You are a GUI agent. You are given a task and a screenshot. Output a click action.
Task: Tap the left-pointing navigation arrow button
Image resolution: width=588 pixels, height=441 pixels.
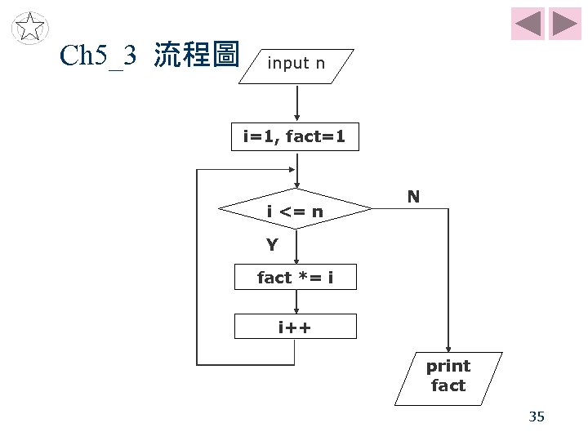[x=528, y=24]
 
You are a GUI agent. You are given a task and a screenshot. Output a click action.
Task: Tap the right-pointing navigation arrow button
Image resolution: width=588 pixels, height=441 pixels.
[x=564, y=24]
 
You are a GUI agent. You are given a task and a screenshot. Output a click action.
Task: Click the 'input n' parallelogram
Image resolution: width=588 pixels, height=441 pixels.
[x=299, y=63]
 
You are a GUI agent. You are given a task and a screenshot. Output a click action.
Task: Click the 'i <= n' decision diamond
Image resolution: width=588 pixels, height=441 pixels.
[x=296, y=212]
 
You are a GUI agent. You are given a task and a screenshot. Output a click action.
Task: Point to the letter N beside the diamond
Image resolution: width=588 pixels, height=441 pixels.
[x=413, y=197]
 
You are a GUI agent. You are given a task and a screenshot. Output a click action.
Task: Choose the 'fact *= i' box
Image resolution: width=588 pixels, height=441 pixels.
[x=295, y=278]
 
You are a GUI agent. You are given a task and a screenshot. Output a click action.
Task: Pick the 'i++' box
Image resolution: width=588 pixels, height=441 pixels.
[x=295, y=327]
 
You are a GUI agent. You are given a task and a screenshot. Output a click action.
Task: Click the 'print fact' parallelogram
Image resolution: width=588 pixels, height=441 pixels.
[x=448, y=376]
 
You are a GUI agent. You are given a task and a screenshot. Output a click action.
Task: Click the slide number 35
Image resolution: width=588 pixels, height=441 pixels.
[x=537, y=417]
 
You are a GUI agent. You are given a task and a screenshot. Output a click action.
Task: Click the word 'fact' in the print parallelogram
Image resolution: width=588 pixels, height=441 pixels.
[x=448, y=385]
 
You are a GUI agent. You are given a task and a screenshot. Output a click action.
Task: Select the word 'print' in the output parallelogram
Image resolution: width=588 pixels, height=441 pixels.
[x=448, y=366]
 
